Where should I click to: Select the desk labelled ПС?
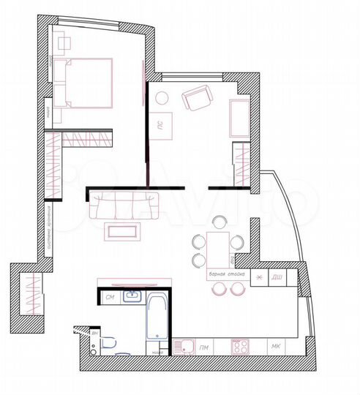[164, 125]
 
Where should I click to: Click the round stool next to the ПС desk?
[162, 97]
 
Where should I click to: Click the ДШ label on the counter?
[277, 277]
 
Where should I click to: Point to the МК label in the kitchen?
[275, 345]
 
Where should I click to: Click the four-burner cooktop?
[241, 345]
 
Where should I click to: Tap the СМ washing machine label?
[110, 297]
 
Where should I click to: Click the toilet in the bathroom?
[109, 342]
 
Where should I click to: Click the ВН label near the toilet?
[95, 334]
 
